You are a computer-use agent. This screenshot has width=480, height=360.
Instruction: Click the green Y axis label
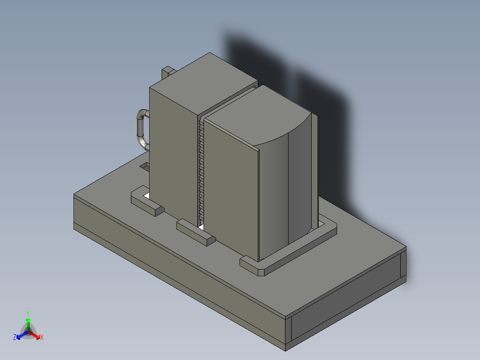(28, 313)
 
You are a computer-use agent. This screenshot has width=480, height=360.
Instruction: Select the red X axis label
(41, 338)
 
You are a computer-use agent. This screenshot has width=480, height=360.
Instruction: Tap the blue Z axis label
(15, 338)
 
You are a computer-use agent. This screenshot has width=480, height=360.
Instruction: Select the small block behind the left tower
(168, 71)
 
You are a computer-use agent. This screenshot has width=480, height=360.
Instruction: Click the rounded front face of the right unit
(285, 196)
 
